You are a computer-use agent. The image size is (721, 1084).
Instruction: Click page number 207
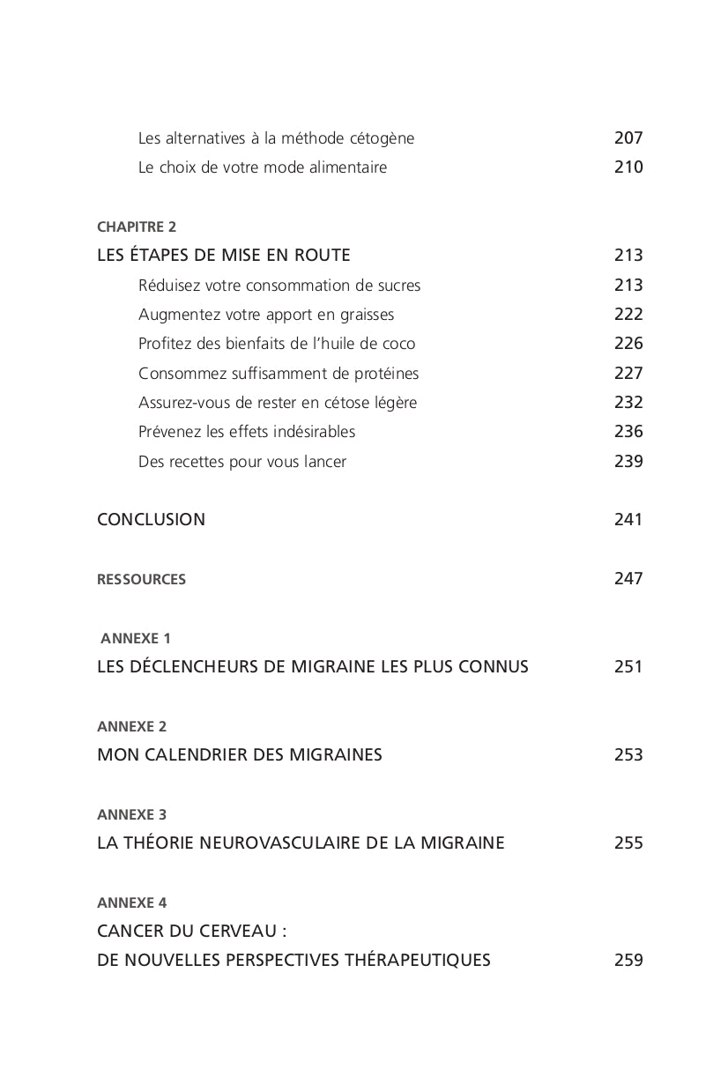[628, 138]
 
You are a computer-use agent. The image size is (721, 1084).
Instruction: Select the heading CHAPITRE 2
[137, 226]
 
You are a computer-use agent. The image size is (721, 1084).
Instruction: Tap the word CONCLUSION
[151, 520]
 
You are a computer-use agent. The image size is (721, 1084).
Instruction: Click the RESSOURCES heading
[141, 579]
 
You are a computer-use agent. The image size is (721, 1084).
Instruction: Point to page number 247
[628, 579]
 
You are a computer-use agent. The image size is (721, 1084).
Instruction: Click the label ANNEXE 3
[131, 814]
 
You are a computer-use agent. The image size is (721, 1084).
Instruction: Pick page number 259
[628, 961]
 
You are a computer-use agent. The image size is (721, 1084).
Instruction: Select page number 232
[628, 403]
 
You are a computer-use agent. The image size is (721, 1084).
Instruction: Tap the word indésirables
[314, 432]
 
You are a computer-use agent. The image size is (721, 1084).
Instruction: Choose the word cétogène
[382, 138]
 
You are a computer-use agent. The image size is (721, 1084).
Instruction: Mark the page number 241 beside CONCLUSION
[628, 520]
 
